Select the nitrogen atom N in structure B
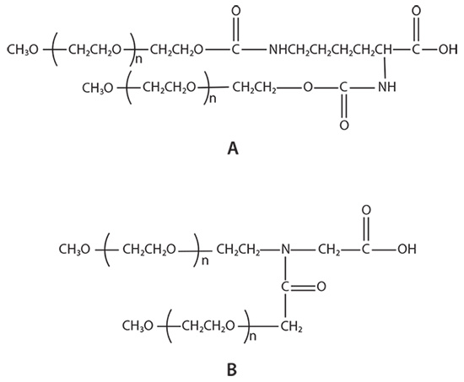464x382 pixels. pyautogui.click(x=286, y=250)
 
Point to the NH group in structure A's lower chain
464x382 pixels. pyautogui.click(x=388, y=86)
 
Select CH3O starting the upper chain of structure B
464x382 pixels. pyautogui.click(x=79, y=250)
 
